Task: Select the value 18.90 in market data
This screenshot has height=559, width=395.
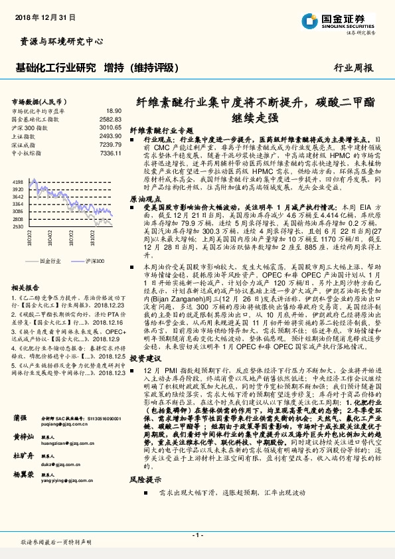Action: click(x=114, y=111)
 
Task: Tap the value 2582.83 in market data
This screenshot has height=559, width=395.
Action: click(x=110, y=119)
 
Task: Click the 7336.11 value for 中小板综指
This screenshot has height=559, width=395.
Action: click(x=110, y=153)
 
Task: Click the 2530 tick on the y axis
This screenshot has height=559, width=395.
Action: click(x=18, y=226)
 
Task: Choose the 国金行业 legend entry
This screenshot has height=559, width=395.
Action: click(x=49, y=262)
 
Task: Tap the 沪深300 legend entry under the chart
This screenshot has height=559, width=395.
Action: click(x=94, y=262)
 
